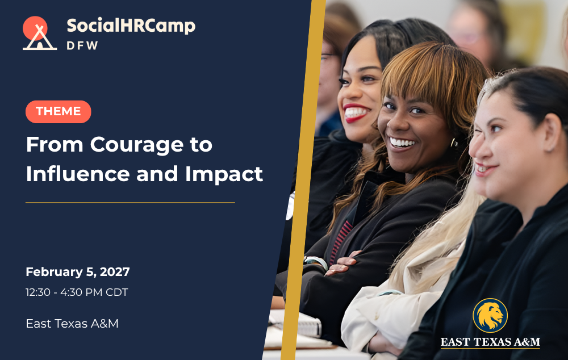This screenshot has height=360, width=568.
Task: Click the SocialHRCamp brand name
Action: point(131,26)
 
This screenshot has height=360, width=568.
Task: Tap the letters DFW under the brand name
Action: point(82,45)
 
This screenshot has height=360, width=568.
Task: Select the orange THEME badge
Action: point(59,111)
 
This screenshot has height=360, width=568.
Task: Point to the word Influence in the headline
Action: point(78,174)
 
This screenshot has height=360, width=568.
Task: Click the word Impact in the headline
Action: point(224,174)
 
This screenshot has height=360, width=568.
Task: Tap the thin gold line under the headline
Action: point(131,203)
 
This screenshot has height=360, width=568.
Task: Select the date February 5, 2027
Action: point(78,272)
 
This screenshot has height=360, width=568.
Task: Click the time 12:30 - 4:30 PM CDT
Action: point(77,292)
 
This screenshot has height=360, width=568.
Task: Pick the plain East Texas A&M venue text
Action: point(72,324)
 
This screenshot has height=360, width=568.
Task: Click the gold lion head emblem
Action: point(490,316)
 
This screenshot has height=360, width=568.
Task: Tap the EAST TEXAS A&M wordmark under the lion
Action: point(490,342)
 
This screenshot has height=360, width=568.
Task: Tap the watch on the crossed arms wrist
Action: point(316,262)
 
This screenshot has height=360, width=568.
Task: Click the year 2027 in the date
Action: point(115,272)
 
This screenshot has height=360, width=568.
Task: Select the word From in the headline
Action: point(55,144)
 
